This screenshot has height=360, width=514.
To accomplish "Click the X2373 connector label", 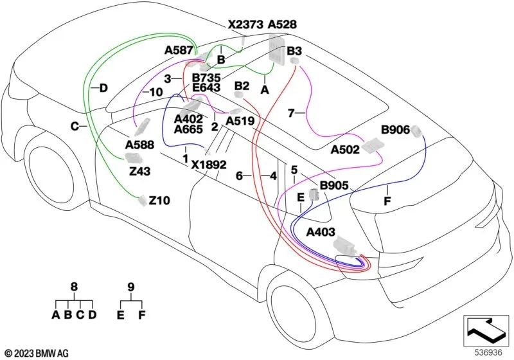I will [x=245, y=24].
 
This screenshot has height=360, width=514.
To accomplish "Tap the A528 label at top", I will [x=282, y=24].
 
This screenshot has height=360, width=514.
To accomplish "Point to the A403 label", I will [x=323, y=231].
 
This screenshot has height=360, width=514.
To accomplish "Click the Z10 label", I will [x=159, y=201].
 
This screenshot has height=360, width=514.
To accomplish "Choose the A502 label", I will [x=344, y=150].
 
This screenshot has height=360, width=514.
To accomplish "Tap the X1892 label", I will [x=208, y=164].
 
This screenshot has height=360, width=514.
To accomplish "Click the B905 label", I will [x=333, y=186].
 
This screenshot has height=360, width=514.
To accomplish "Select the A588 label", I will [x=139, y=145].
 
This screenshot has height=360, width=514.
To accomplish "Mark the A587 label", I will [x=179, y=50].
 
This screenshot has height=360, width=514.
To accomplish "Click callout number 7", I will [x=291, y=113].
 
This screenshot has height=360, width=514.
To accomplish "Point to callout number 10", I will [x=155, y=93].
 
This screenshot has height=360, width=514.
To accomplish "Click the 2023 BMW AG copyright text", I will [x=37, y=352].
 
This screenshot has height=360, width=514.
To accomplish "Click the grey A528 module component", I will [x=278, y=51].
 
